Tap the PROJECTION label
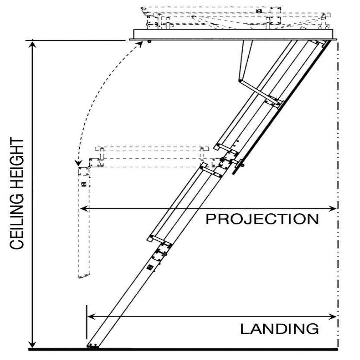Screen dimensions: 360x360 pos(262,219)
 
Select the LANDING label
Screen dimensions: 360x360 pos(279,329)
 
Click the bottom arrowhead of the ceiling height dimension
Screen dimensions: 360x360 pos(33,344)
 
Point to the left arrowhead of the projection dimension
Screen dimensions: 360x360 pos(84,208)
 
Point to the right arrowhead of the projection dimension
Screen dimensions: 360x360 pos(333,208)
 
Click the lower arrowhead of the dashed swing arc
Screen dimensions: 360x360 pos(79,163)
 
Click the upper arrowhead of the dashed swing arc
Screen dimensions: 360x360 pos(140,44)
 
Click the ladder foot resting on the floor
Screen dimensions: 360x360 pos(93,346)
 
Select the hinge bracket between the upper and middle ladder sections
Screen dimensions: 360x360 pos(227,161)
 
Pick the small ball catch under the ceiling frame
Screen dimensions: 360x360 pos(149,42)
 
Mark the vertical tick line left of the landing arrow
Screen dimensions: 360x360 pos(87,322)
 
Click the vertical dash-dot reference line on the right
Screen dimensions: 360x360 pos(338,194)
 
